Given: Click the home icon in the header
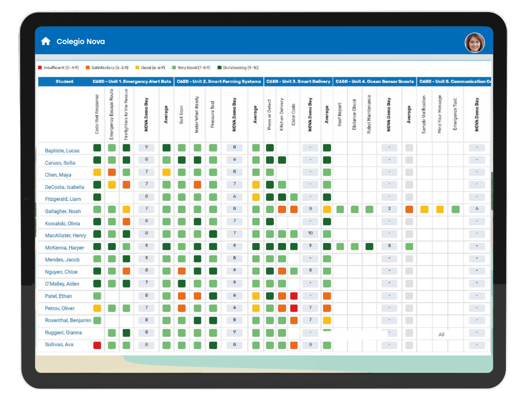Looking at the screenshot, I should click(x=46, y=41).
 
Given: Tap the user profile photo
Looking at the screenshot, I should click(x=475, y=43).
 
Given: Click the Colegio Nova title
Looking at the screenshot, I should click(x=80, y=42).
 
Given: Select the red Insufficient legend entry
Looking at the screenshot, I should click(x=58, y=68).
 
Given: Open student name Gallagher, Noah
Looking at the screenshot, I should click(x=63, y=211).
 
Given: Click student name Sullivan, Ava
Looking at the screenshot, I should click(x=59, y=345).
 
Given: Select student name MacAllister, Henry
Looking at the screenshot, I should click(x=65, y=236).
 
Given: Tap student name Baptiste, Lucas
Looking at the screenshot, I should click(x=62, y=151).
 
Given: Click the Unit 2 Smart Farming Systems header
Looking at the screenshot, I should click(x=219, y=82).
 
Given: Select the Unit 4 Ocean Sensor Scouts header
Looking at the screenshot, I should click(x=375, y=82).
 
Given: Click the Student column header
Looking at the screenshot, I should click(x=65, y=82).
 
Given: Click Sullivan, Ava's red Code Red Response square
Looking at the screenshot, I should click(x=97, y=345).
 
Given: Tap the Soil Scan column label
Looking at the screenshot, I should click(x=181, y=115).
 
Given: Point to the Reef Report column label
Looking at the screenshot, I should click(x=340, y=115).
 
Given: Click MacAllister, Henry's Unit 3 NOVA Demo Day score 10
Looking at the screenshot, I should click(x=311, y=233).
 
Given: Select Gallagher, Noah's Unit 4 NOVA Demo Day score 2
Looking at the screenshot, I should click(x=389, y=209).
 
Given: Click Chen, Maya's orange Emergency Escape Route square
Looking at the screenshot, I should click(x=112, y=172).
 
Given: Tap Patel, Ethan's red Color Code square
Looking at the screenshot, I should click(x=294, y=296).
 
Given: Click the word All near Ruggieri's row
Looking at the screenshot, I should click(x=441, y=335).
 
